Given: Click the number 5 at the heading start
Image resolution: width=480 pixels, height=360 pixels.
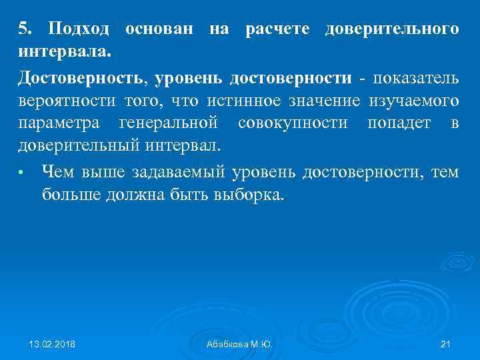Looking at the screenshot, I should click(x=24, y=29).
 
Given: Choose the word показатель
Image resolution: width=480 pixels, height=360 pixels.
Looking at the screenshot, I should click(x=415, y=78).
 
